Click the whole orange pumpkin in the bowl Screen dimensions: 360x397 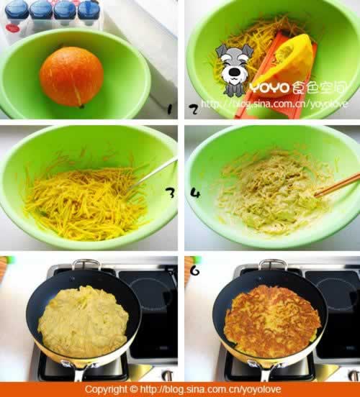(71, 76)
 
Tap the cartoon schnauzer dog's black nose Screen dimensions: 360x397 (235, 73)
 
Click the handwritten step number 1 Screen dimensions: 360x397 (169, 109)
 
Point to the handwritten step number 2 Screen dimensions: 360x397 (194, 109)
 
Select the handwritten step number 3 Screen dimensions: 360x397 (170, 193)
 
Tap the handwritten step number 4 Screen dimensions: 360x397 (195, 193)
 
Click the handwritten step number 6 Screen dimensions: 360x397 (194, 271)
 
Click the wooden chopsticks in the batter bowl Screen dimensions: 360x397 (337, 185)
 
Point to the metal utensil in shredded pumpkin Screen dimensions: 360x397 (152, 174)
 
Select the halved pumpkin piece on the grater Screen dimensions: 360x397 (287, 66)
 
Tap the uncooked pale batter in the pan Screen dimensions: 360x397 (83, 321)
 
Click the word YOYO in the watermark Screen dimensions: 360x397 (269, 88)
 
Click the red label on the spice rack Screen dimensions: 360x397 (13, 27)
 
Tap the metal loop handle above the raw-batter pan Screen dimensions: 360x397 (86, 264)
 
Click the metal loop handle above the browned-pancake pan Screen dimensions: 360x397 (273, 264)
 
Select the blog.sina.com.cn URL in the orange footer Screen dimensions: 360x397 (210, 389)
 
